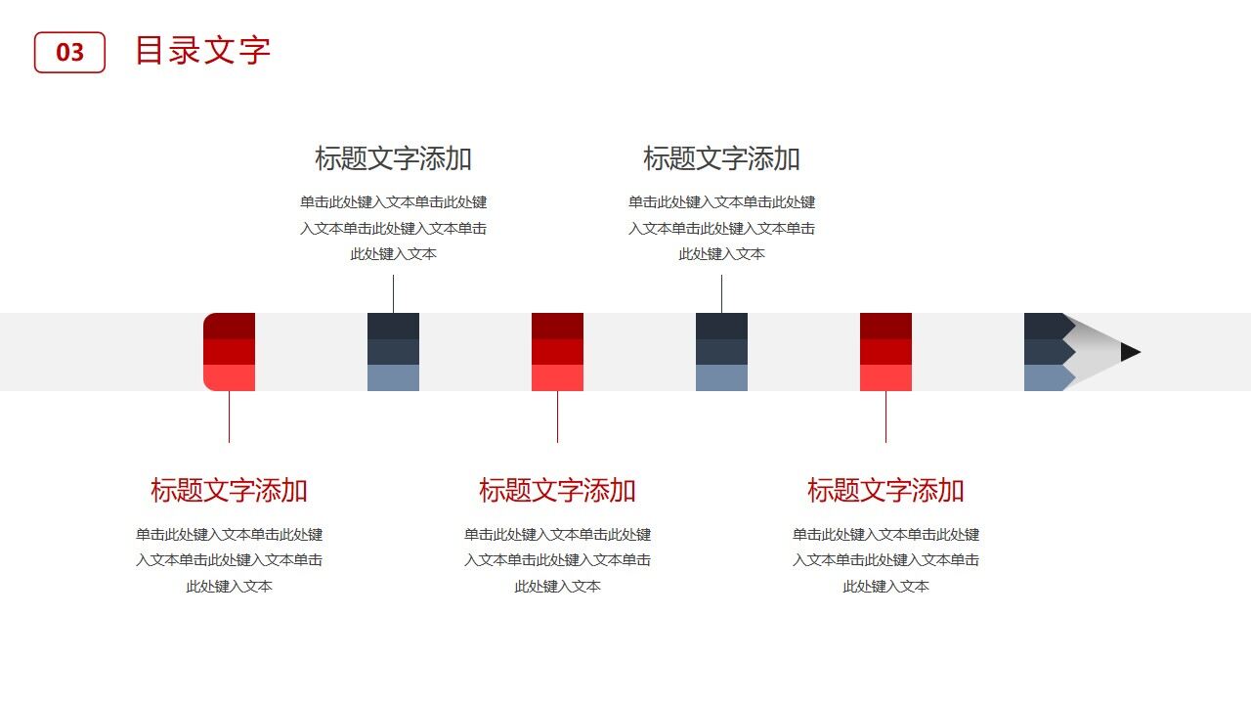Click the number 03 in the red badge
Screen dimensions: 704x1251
point(69,52)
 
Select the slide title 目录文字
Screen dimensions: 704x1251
point(202,51)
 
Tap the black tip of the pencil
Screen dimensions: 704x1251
point(1130,352)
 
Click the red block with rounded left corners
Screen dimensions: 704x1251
point(229,352)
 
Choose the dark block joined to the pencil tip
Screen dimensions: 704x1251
point(1046,352)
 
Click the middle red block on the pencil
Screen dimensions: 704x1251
point(557,352)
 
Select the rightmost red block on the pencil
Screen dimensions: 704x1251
point(885,352)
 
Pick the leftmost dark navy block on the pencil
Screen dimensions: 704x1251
point(393,352)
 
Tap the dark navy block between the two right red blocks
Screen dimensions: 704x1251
point(721,352)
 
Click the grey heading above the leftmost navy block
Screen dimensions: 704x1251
point(393,158)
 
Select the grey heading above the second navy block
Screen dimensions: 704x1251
point(721,158)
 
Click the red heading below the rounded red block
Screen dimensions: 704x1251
point(229,490)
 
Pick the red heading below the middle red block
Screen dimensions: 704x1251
point(557,490)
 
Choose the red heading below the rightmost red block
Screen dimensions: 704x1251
point(885,490)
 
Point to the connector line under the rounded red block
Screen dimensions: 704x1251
point(229,418)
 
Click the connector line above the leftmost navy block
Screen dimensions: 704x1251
point(393,293)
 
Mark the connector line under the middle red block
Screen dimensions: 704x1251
point(557,418)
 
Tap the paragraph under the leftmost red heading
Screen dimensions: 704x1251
point(229,560)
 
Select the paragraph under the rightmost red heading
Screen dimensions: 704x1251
point(885,560)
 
